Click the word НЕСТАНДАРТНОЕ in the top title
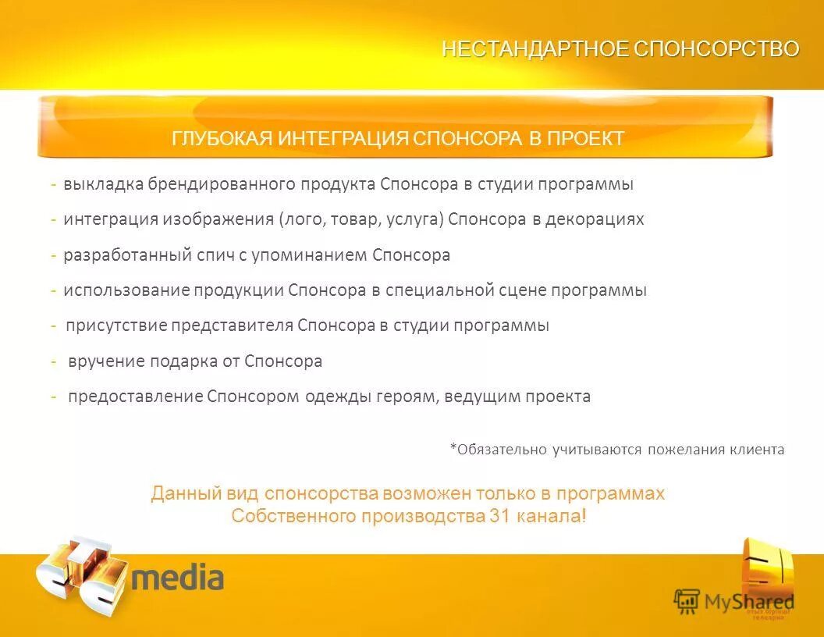pos(535,49)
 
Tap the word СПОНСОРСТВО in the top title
pos(716,49)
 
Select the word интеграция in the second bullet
pos(111,219)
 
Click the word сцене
pos(522,290)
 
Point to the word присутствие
pos(116,326)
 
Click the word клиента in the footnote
pos(757,450)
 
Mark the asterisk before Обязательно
pos(453,447)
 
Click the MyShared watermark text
pos(749,602)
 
